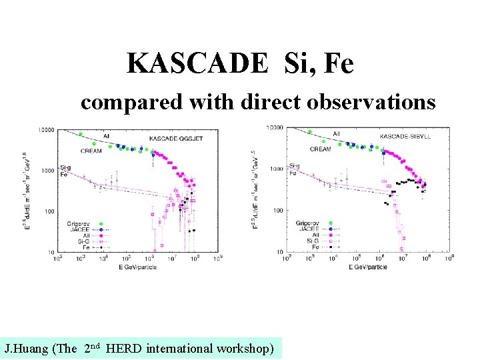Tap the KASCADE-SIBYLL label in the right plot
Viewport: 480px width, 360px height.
pos(407,137)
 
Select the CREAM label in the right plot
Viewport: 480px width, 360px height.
pos(321,149)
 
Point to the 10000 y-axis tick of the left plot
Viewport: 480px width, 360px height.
pos(47,129)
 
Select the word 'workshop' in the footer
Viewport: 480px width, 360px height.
pos(245,349)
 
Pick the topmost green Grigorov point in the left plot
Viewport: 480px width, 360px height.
pos(81,134)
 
